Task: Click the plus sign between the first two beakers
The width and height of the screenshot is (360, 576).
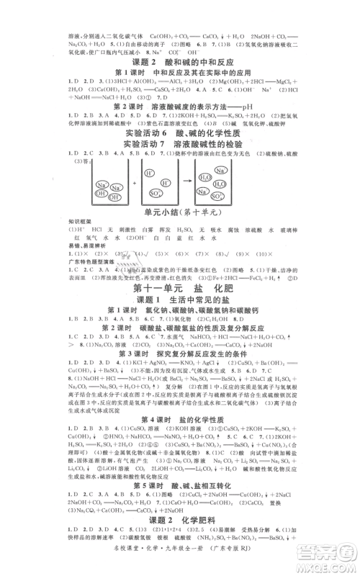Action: point(134,184)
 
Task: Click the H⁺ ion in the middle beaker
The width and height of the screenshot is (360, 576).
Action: point(148,174)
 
